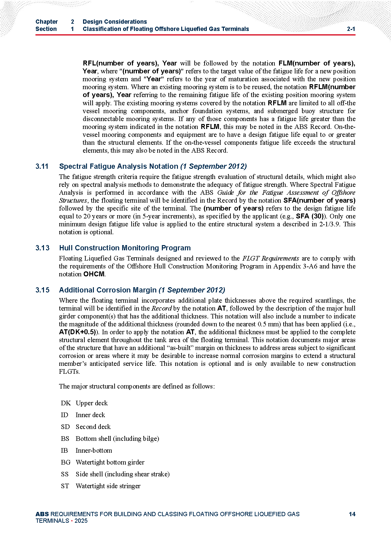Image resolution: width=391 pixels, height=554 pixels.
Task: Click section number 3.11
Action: tap(42, 166)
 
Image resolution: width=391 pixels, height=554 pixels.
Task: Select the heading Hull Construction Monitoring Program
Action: tap(125, 248)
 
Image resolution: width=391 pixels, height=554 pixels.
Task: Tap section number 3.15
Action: tap(42, 290)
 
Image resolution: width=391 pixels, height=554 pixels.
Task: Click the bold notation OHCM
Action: tap(94, 274)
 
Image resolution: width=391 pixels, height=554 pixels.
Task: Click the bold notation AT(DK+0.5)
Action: tap(77, 332)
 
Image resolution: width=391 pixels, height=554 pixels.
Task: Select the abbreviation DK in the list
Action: tap(66, 403)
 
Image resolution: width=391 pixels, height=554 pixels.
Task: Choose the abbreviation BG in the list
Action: tap(66, 462)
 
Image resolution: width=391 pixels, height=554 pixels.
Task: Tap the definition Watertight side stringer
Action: tap(108, 486)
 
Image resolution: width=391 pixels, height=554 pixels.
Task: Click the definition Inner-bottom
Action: tap(94, 450)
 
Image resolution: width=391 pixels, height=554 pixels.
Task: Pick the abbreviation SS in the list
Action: tap(65, 474)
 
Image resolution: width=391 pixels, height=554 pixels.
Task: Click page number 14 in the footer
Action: tap(352, 514)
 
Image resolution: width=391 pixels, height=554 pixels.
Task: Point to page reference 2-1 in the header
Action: tap(351, 29)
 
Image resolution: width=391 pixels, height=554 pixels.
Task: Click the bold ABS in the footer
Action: tap(42, 514)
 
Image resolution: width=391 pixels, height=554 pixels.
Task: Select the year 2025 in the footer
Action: tap(81, 520)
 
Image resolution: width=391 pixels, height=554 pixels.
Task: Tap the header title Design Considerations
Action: tap(115, 22)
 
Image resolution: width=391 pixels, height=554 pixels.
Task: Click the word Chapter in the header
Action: tap(47, 22)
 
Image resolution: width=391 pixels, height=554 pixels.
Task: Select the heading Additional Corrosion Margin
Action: tap(108, 290)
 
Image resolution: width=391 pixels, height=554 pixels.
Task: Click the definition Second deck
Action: tap(93, 427)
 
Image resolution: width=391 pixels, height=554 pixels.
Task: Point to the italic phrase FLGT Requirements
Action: tap(271, 258)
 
